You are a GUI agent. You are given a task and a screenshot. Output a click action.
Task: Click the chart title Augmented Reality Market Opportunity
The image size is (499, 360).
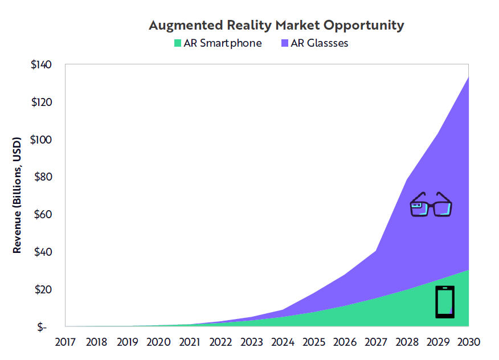click(276, 26)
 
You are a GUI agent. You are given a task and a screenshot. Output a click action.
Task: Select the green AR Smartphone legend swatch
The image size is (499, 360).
click(178, 43)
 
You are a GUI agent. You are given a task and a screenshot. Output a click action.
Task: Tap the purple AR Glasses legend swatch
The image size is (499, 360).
click(284, 43)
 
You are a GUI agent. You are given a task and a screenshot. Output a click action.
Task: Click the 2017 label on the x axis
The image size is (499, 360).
click(66, 342)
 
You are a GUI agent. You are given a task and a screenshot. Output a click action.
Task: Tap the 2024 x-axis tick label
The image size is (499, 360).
click(283, 342)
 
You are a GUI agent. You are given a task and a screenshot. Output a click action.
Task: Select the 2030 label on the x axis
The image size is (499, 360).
click(468, 342)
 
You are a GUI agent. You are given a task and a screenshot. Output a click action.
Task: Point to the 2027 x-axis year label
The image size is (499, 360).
click(375, 342)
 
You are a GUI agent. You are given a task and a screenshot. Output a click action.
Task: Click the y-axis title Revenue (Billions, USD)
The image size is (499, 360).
click(17, 195)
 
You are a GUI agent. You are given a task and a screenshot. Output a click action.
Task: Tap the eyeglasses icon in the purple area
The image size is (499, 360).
click(431, 205)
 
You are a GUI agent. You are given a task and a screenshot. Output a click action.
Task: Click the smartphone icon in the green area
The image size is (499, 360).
click(445, 302)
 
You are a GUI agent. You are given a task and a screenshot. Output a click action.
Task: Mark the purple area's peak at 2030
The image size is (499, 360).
click(468, 77)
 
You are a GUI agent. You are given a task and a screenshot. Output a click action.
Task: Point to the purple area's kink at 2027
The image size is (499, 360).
click(375, 250)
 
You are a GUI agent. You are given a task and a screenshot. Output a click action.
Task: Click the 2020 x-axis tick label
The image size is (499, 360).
click(158, 342)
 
